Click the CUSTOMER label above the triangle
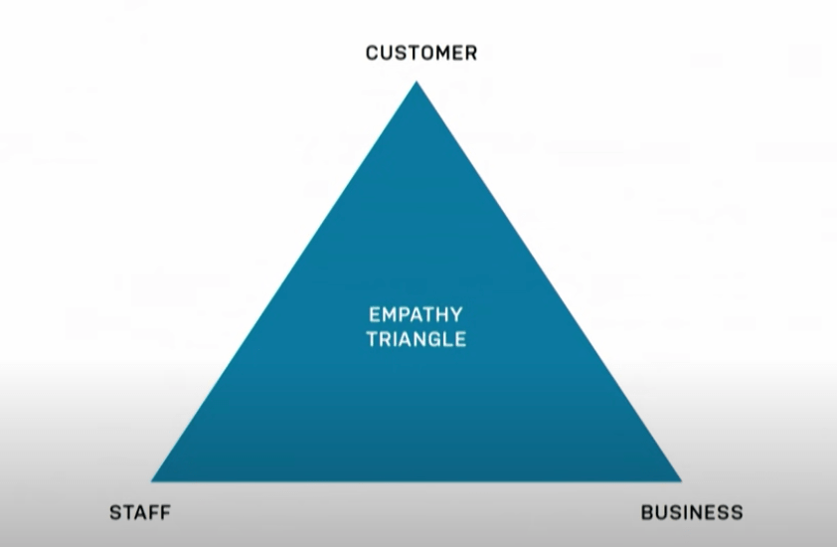click(x=420, y=53)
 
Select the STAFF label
click(x=139, y=513)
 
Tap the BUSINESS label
click(x=691, y=513)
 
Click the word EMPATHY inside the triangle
click(x=416, y=315)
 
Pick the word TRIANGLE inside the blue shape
click(x=416, y=339)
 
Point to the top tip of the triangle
click(x=416, y=83)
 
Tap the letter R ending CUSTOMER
click(x=470, y=53)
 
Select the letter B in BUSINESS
click(x=647, y=513)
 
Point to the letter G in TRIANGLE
click(x=436, y=339)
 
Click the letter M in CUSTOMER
click(x=440, y=53)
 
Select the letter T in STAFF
click(x=127, y=513)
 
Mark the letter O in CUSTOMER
click(x=423, y=53)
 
